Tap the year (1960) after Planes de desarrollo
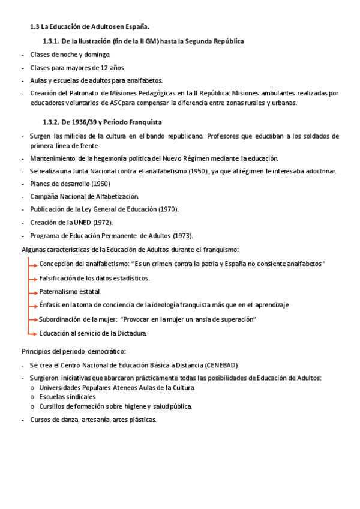click(x=100, y=184)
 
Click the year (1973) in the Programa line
click(x=182, y=235)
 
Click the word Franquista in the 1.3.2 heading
click(x=143, y=122)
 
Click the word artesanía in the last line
click(x=94, y=420)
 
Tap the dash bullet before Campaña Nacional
click(x=23, y=196)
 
